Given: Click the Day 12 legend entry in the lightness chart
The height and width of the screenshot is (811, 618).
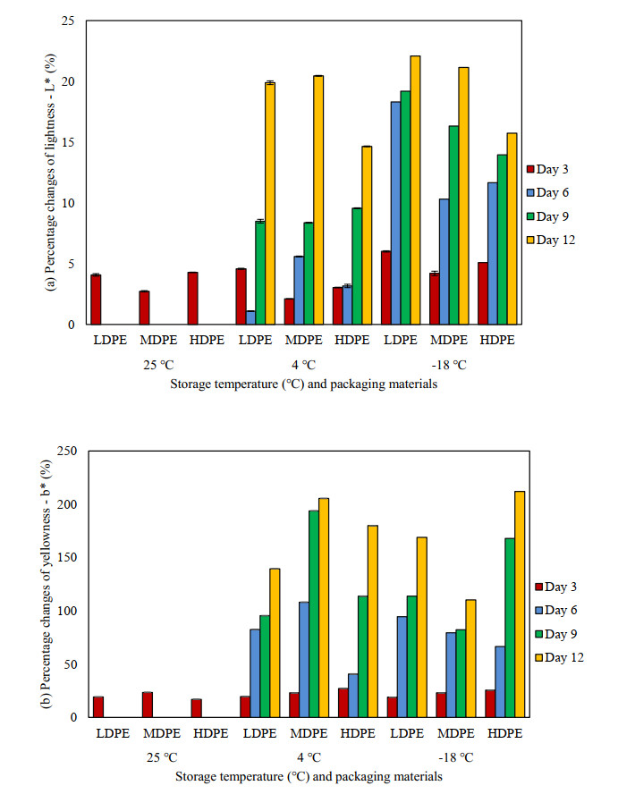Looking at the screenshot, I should point(555,241).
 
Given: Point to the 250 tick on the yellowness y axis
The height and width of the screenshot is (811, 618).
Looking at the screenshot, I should point(67,451).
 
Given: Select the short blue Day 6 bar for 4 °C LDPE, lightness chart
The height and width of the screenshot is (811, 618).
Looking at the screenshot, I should point(250,317).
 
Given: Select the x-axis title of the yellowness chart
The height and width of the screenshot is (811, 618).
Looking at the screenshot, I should point(307,776).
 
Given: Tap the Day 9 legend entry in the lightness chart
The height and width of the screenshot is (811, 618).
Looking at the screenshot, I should point(555,216).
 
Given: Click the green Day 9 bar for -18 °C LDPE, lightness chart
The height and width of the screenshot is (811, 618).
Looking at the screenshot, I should point(405,207).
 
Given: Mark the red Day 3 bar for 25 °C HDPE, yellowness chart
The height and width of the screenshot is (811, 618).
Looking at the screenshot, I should point(196,708).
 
